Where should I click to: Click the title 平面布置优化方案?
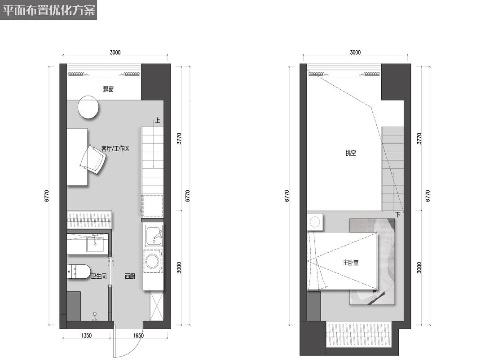click(49, 10)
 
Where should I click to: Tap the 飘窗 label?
click(108, 89)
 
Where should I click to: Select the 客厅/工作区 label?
click(115, 149)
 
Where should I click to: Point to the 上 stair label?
click(157, 120)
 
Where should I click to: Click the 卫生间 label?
click(99, 277)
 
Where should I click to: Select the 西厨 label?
click(130, 277)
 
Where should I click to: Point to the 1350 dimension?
click(86, 335)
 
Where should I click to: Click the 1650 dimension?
click(138, 335)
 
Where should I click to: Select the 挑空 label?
click(351, 153)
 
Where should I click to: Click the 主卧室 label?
click(351, 263)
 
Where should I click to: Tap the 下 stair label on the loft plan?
click(398, 215)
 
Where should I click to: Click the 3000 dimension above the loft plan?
click(355, 53)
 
